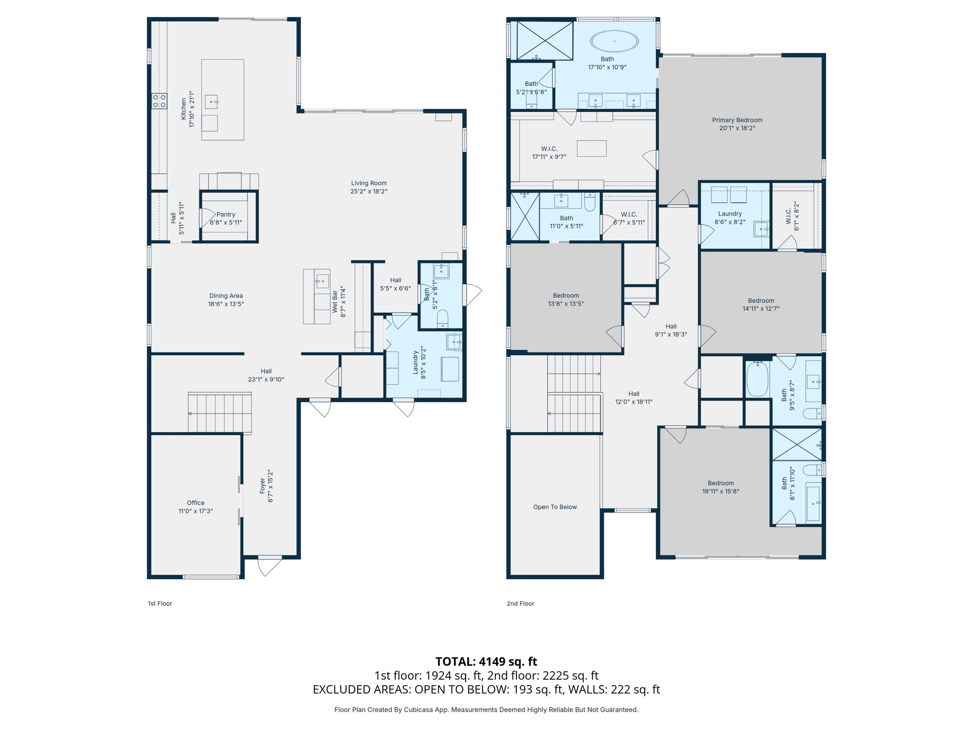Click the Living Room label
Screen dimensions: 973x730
click(369, 184)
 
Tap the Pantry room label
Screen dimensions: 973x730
click(226, 214)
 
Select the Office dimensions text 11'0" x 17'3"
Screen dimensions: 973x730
click(196, 511)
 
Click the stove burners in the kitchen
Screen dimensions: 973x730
click(159, 101)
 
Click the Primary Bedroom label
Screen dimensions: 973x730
click(737, 120)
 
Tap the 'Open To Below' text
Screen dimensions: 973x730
click(555, 507)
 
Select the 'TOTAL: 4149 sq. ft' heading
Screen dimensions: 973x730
click(486, 662)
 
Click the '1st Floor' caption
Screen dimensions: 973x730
click(160, 603)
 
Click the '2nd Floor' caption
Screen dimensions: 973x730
click(520, 603)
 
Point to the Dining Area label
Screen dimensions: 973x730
click(226, 296)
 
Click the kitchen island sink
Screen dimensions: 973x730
click(211, 102)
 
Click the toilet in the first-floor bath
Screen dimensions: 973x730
click(442, 318)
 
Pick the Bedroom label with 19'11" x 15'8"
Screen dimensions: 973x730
click(721, 483)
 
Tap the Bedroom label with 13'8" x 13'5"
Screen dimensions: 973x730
click(566, 296)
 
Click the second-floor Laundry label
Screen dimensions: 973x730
click(730, 214)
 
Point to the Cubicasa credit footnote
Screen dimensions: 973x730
click(486, 710)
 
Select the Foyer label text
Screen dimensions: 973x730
click(263, 486)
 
